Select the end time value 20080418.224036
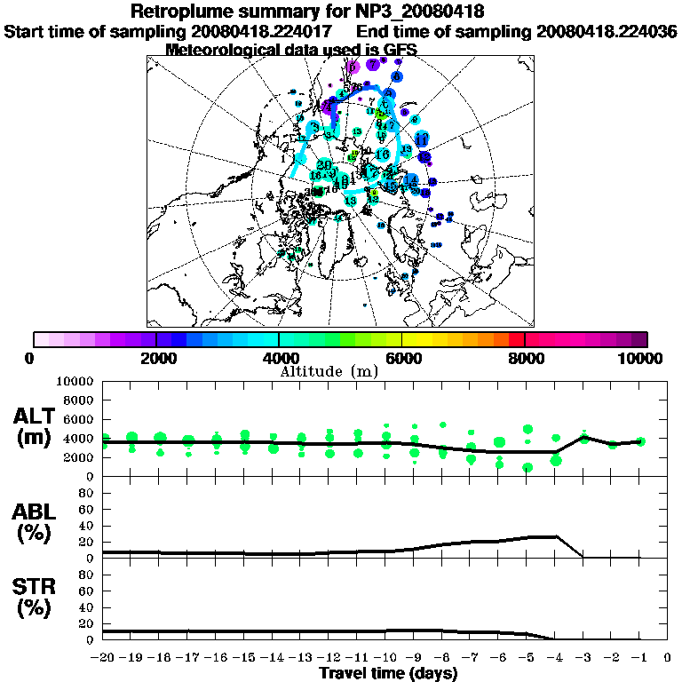tap(607, 32)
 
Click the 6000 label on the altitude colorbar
tap(401, 359)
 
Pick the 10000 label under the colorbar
tap(642, 359)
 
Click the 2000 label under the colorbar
tap(156, 359)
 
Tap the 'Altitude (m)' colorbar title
tap(329, 370)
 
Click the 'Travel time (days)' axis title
tap(388, 673)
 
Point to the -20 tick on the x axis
tap(105, 658)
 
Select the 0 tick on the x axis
tap(668, 658)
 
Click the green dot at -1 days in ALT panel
tap(640, 441)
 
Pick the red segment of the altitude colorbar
tap(516, 339)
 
